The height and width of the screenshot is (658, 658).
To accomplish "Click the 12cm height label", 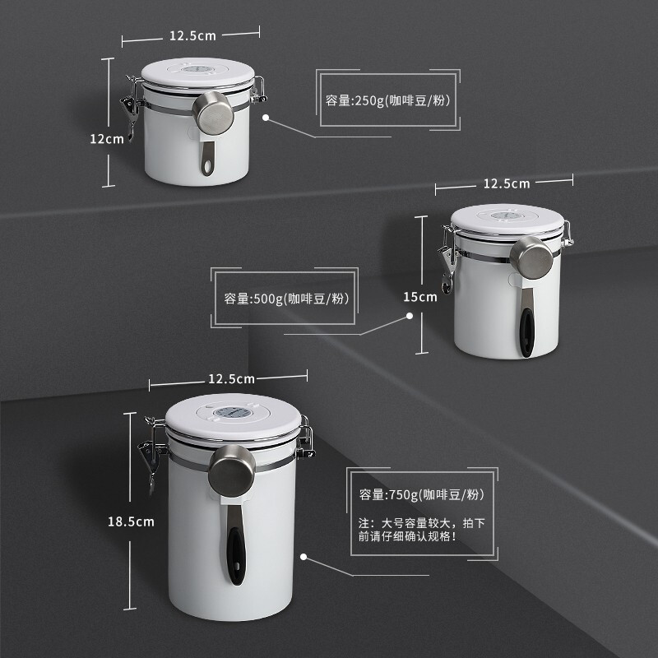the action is (107, 139).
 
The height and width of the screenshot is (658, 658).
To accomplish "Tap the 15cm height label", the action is (420, 297).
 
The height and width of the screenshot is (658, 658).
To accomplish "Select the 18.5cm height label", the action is (131, 522).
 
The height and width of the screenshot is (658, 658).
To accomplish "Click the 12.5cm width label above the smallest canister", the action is (192, 35).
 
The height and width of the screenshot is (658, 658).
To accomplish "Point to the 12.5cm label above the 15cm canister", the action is (507, 183).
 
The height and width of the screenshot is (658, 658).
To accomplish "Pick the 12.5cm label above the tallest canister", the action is (232, 379).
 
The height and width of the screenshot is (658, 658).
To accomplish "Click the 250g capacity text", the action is (387, 100).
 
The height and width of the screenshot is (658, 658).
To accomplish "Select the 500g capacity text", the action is (286, 299).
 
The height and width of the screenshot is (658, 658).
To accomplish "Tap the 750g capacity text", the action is (422, 495).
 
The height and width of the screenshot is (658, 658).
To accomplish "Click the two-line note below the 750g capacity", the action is (422, 530).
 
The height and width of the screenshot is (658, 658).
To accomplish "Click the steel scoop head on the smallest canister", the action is (213, 113).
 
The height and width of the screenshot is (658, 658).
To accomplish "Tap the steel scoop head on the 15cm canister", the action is (531, 257).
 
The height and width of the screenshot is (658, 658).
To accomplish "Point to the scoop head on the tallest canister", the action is (232, 470).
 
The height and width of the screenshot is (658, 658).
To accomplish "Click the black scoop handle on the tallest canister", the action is (236, 556).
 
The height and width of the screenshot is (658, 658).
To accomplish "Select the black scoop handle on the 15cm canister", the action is (526, 333).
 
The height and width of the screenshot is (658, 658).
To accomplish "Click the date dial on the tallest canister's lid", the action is (233, 412).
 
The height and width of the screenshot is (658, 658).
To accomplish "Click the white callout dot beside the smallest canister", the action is (266, 118).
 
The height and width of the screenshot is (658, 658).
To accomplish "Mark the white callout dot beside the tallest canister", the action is (304, 557).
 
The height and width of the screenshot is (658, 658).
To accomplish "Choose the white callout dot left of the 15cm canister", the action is (410, 316).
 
